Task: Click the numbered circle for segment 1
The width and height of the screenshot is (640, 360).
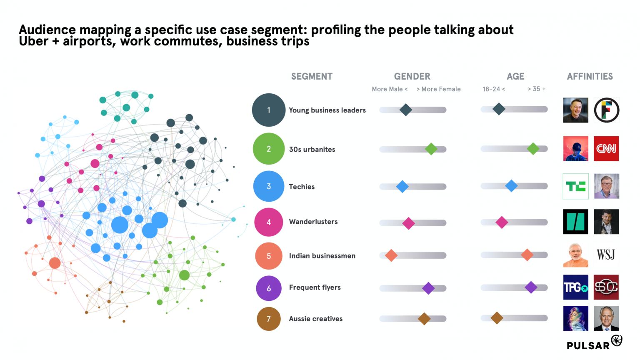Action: [x=269, y=110]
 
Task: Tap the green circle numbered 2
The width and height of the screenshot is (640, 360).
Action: [x=269, y=149]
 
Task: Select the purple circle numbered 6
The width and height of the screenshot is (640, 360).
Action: [x=269, y=288]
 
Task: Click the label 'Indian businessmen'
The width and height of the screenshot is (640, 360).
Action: [x=322, y=256]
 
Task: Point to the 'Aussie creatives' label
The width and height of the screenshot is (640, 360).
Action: [x=316, y=319]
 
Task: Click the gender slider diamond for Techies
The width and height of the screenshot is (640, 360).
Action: [x=402, y=187]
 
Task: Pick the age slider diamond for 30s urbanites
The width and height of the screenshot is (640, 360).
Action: [x=533, y=149]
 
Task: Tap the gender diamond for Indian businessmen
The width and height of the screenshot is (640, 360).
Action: [x=391, y=255]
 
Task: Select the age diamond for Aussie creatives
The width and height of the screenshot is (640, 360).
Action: [x=497, y=318]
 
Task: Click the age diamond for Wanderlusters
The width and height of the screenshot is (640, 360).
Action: [x=502, y=222]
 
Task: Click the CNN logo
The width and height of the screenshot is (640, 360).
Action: [x=606, y=148]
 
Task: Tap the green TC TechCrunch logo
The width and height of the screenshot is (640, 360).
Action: [x=575, y=186]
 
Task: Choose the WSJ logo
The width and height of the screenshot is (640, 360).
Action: [x=606, y=255]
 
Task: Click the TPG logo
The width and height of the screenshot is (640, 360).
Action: [x=575, y=287]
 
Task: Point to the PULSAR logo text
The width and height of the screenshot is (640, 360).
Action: [x=588, y=345]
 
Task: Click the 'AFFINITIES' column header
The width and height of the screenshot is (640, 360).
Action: [x=590, y=77]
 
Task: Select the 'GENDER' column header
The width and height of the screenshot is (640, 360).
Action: [x=412, y=77]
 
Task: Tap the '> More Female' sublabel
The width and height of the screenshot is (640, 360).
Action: [x=439, y=89]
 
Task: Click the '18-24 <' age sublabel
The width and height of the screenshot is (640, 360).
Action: [x=494, y=89]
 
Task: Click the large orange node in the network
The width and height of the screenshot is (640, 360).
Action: [x=55, y=263]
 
